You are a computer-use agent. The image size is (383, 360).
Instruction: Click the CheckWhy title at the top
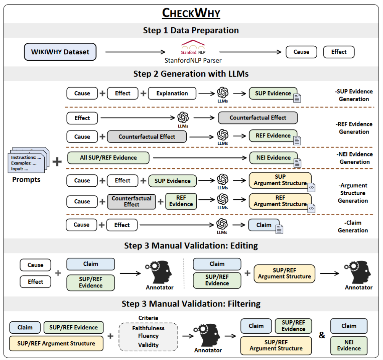click(191, 13)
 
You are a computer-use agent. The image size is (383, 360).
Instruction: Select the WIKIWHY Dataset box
click(60, 52)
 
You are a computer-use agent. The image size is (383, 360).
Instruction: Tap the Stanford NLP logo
click(193, 47)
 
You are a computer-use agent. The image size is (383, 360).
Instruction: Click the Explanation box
click(172, 93)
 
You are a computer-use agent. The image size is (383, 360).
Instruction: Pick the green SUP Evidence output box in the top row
click(273, 93)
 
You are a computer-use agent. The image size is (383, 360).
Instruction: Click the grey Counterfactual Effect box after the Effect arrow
click(258, 118)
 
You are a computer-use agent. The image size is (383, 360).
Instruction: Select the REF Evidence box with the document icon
click(273, 136)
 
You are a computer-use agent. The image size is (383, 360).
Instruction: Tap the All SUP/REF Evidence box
click(108, 158)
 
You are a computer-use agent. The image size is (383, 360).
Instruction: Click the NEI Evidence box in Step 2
click(273, 158)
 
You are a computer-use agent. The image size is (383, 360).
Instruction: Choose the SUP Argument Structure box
click(280, 180)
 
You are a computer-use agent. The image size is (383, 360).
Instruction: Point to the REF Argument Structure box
click(280, 201)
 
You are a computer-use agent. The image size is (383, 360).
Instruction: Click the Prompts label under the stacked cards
click(26, 180)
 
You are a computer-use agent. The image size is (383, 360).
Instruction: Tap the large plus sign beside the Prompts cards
click(57, 161)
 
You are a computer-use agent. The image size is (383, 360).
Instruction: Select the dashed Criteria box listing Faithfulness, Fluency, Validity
click(148, 337)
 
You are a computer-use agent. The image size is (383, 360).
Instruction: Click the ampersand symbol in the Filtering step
click(322, 335)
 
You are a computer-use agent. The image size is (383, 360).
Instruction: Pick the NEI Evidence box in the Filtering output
click(349, 345)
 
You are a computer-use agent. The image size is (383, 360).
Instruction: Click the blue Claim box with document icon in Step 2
click(264, 225)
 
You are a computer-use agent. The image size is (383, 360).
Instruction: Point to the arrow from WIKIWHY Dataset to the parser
click(135, 52)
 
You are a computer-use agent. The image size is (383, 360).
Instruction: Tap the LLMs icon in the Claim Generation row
click(222, 224)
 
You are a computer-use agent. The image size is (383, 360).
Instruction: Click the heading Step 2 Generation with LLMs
click(191, 74)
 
